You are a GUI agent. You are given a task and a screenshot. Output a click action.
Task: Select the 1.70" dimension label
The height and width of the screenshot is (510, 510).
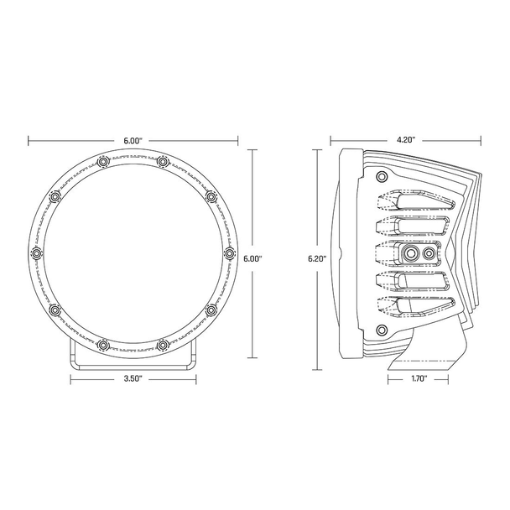[x=419, y=379]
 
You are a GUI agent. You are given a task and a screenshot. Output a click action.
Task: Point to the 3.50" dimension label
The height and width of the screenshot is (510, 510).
[x=133, y=379]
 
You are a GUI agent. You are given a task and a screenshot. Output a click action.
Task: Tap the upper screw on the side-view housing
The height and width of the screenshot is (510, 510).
[x=382, y=176]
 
